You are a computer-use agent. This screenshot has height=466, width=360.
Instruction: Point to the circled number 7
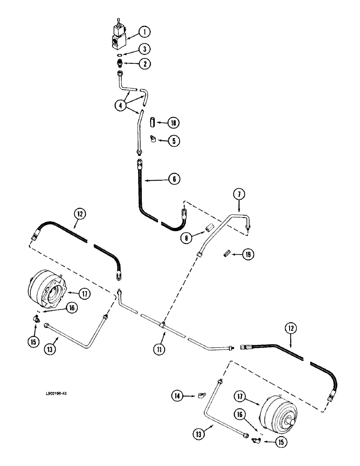coord(239,194)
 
